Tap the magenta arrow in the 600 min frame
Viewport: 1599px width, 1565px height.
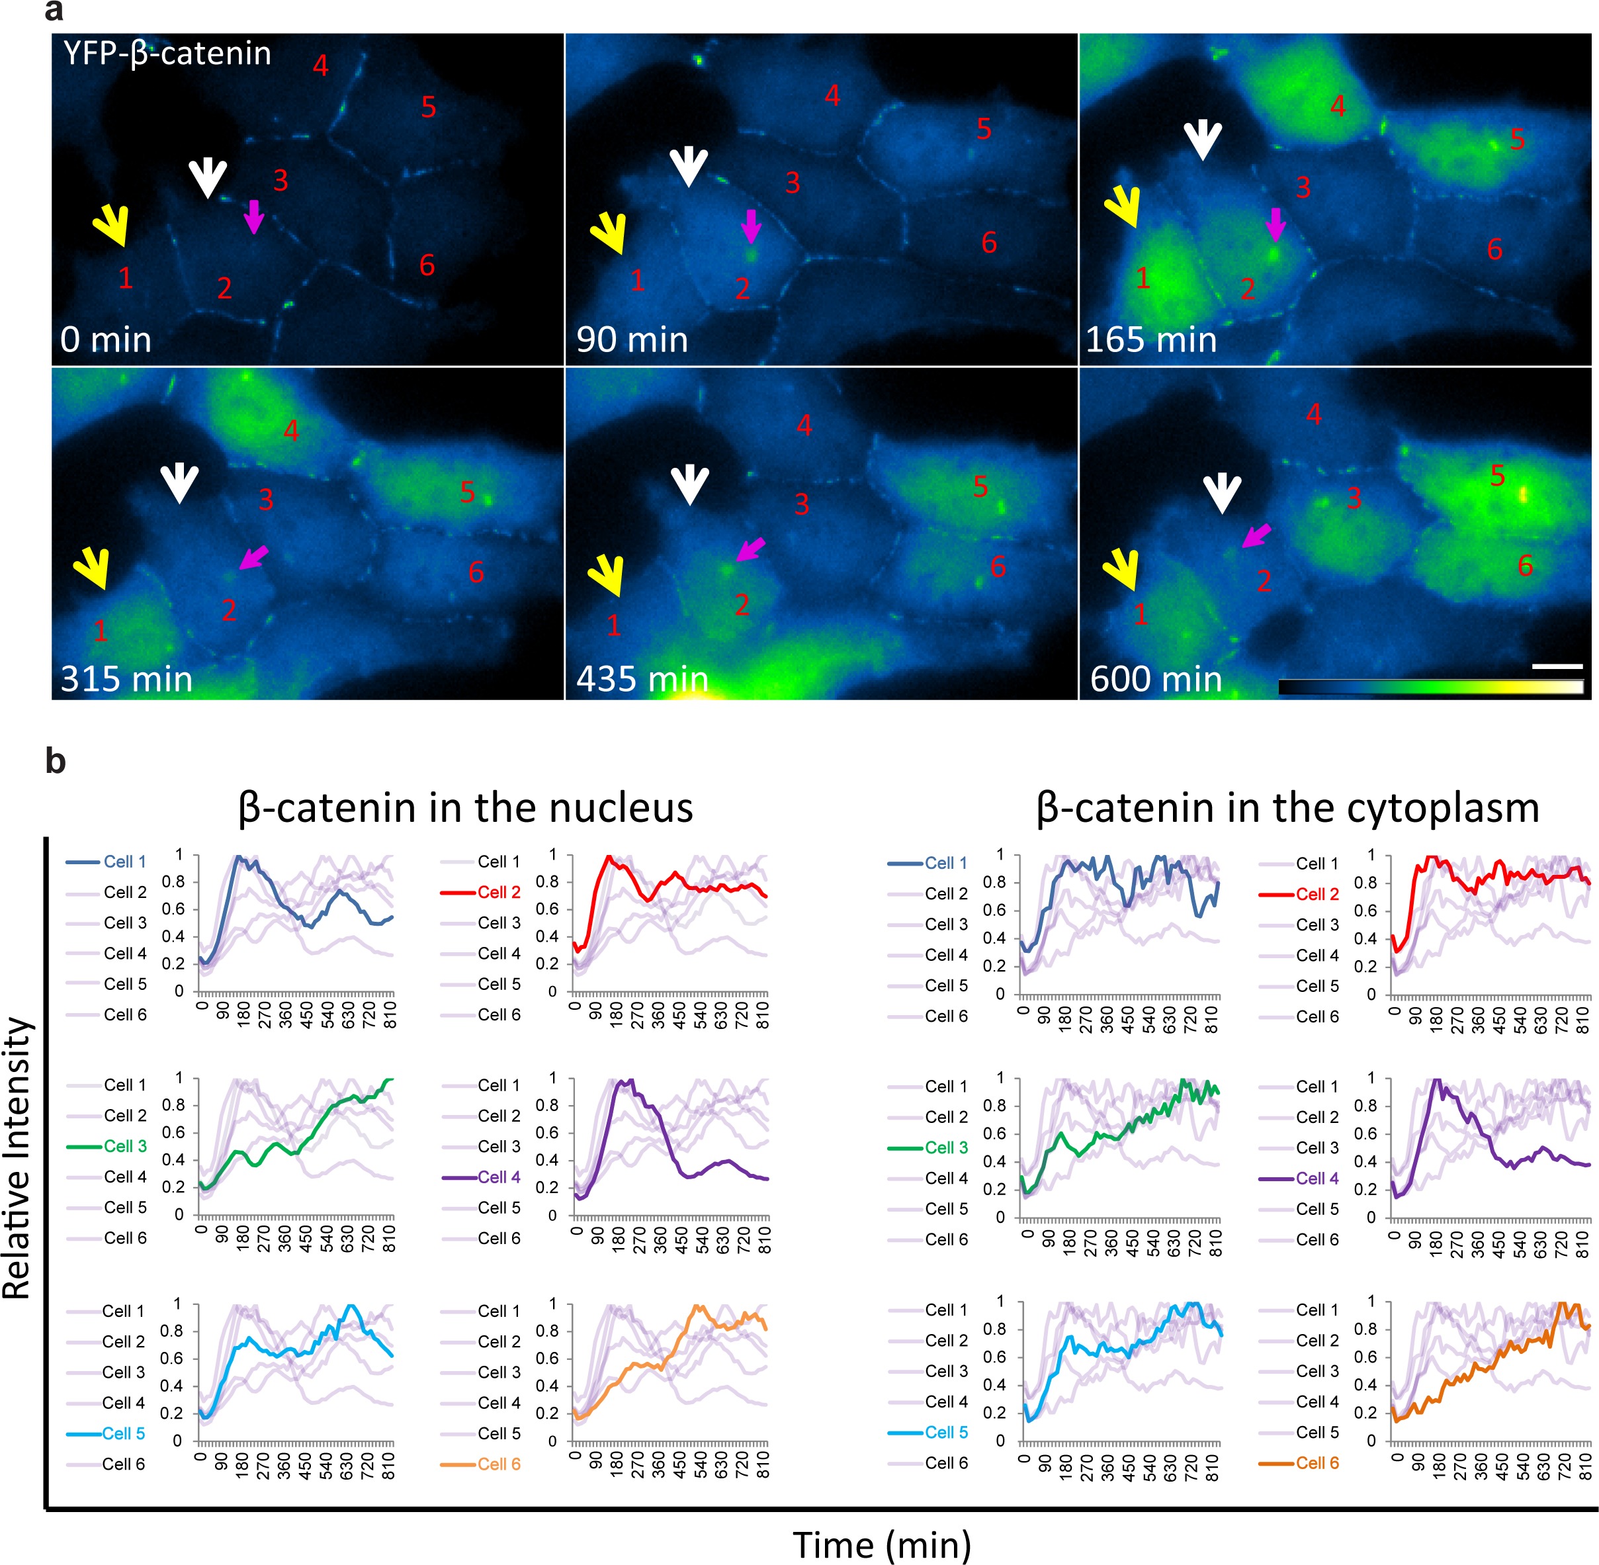[x=1256, y=535]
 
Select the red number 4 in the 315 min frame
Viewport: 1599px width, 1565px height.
[x=291, y=430]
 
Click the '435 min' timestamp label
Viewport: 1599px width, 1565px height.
[x=642, y=680]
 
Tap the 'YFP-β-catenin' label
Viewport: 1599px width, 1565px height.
[x=167, y=54]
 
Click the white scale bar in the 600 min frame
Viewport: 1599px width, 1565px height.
[x=1557, y=666]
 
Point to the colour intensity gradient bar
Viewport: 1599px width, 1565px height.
[x=1430, y=687]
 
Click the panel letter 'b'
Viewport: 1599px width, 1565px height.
[x=55, y=760]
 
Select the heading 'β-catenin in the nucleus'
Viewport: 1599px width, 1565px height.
[x=465, y=807]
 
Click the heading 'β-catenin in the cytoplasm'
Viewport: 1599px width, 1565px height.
[x=1287, y=807]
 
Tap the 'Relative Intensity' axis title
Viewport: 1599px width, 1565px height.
[x=18, y=1159]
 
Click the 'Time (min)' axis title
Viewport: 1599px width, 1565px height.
[x=882, y=1544]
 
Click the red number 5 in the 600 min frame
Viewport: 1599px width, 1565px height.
[x=1497, y=475]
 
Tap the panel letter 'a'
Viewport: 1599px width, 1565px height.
[x=54, y=11]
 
